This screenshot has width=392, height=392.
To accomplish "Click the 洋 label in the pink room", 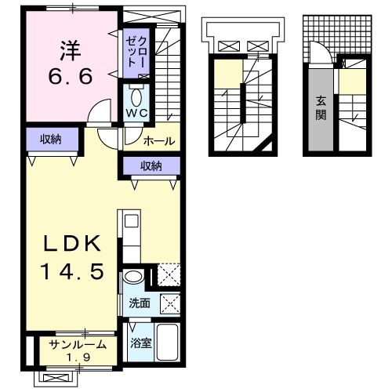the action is pos(71,50).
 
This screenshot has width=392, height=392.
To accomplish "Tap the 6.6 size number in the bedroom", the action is pos(71,76).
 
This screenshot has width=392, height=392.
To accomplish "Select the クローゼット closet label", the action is pos(136,52).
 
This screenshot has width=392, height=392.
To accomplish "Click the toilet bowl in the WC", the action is pos(136,98).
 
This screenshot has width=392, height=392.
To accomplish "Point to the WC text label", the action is pos(136,113).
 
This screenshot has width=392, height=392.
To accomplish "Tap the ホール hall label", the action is pos(159,141).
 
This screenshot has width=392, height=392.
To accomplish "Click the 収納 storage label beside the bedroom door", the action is pos(50,140).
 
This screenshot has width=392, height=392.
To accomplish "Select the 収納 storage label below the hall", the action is pos(151,166).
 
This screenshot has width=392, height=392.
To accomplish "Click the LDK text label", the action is pos(72,243).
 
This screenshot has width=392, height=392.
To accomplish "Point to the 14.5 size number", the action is pos(72,271).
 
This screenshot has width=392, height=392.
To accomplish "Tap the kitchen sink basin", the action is pos(132,221).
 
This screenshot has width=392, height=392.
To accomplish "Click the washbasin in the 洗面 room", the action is pos(133,277).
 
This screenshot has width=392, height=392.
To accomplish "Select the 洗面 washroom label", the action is pos(140,303).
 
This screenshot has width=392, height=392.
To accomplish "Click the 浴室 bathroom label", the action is pos(141,343).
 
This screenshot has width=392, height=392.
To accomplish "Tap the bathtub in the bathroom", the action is pos(167,343).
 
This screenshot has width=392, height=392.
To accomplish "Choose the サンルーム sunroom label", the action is pos(78,345).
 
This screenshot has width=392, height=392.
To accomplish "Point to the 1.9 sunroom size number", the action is pos(78,357).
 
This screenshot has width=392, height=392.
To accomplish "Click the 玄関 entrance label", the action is pos(321,108).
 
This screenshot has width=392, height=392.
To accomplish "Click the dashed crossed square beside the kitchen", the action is pos(169,274).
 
